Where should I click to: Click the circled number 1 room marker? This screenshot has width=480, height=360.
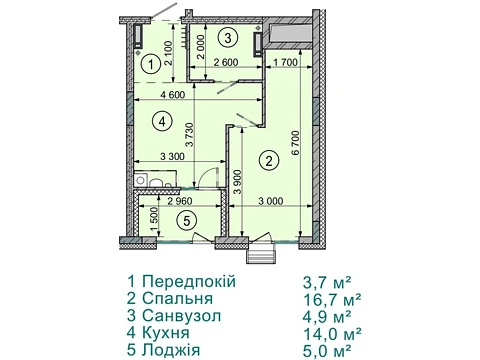tap(151, 65)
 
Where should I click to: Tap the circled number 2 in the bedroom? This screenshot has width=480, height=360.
tap(270, 162)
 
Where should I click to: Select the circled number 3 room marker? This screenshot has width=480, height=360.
tap(228, 38)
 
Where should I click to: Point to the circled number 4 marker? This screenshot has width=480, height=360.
tap(162, 122)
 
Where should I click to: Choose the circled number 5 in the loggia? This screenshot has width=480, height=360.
tap(187, 220)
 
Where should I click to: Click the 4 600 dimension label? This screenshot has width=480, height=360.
tap(172, 95)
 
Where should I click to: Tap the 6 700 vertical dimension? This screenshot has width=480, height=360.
tap(296, 143)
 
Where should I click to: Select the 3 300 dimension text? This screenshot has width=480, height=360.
tap(172, 156)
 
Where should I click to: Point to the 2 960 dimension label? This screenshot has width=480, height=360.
tap(180, 201)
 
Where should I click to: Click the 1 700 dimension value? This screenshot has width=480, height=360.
tap(285, 62)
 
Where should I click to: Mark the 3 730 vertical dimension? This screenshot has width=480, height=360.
tap(189, 135)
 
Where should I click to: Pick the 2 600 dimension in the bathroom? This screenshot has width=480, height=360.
tap(226, 62)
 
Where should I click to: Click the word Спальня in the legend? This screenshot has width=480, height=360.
tap(178, 298)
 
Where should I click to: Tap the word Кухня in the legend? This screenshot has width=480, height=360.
tap(166, 333)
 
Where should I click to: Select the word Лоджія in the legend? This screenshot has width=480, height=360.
tap(171, 350)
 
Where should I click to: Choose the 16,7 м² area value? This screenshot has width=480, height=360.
tap(332, 299)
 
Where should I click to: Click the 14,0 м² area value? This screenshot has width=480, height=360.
tap(332, 333)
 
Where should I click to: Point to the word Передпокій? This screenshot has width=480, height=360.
tap(189, 281)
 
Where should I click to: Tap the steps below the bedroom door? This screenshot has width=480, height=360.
tap(261, 256)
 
